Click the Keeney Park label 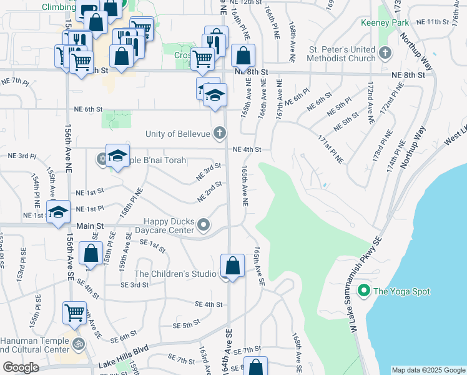tap(385, 23)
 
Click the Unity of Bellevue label tap(177, 133)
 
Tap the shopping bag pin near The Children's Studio tap(232, 266)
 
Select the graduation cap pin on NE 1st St tap(58, 212)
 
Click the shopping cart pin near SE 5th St tap(74, 312)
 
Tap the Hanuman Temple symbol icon tap(79, 343)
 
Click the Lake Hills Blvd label tap(124, 364)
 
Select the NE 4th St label tap(246, 149)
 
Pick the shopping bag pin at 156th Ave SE tap(91, 253)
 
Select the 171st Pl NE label tap(330, 148)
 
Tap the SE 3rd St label tap(135, 284)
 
